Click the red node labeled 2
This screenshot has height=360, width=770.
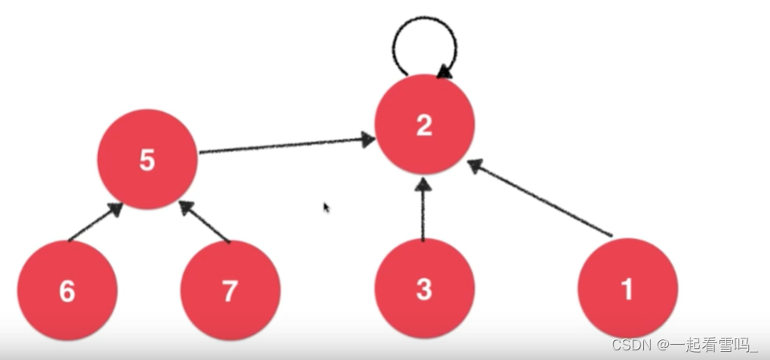coord(424,125)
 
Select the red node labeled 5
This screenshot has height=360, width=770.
coord(146,159)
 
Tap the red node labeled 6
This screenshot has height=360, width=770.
coord(68,291)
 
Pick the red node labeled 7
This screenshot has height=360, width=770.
coord(230,291)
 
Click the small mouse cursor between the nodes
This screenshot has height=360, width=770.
coord(326,207)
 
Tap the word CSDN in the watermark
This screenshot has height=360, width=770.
coord(630,345)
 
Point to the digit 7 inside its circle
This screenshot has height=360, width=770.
coord(230,291)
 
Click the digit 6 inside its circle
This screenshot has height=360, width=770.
coord(68,291)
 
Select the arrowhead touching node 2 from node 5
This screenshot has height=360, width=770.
coord(368,140)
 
